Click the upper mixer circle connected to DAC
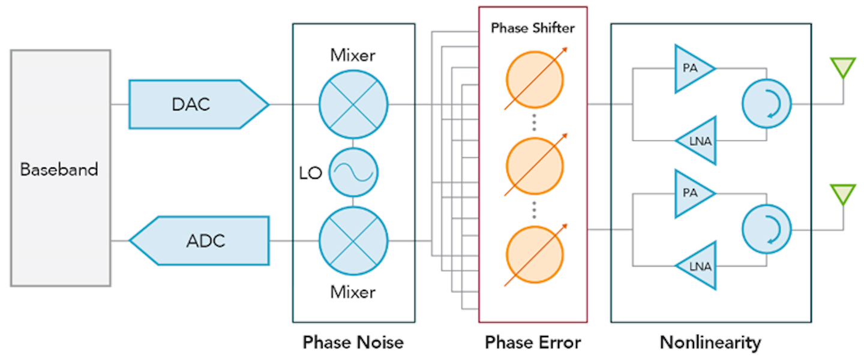(x=353, y=104)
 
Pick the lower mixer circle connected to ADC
(x=353, y=241)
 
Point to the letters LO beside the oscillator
(x=310, y=173)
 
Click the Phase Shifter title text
(x=533, y=28)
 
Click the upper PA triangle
(x=691, y=68)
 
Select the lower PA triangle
(x=691, y=193)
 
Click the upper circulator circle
(x=767, y=104)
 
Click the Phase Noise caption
(x=353, y=343)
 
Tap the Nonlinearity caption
(x=710, y=343)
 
